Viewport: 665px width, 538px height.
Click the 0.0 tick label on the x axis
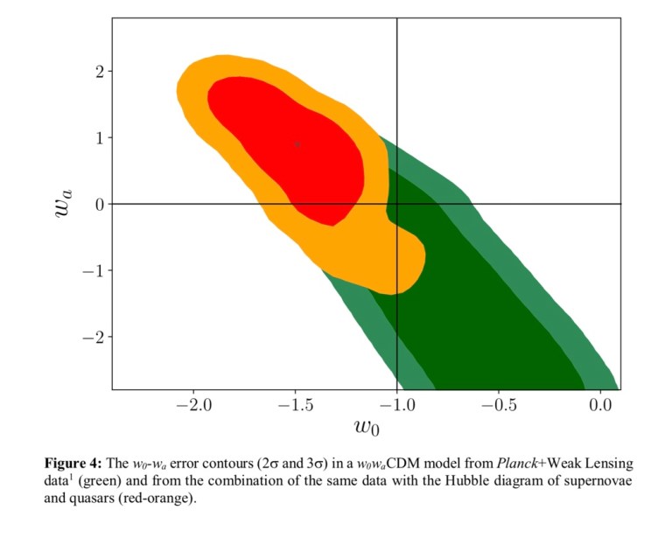(600, 406)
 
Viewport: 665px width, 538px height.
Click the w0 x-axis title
(367, 428)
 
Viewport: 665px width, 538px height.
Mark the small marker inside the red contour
(297, 143)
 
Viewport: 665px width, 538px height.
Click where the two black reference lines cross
(397, 204)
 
